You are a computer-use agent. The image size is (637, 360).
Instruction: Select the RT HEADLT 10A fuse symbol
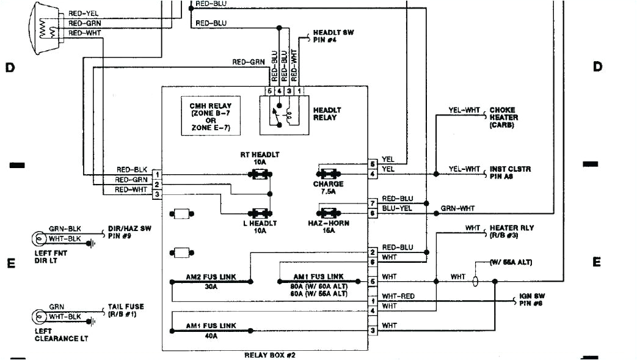[260, 175]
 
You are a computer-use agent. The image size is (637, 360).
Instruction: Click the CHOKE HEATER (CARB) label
[504, 117]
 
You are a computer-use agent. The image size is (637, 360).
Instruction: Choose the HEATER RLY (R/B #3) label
[511, 231]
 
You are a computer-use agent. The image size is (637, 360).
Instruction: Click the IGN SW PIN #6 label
[529, 299]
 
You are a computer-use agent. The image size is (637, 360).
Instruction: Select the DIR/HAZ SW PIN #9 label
[129, 231]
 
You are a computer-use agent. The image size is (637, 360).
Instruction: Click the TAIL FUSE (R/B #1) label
[126, 310]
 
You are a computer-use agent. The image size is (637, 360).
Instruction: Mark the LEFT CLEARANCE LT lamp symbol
[41, 317]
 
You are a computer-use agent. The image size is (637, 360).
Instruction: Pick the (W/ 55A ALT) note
[511, 263]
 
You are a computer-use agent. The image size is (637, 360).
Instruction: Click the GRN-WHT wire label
[457, 209]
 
